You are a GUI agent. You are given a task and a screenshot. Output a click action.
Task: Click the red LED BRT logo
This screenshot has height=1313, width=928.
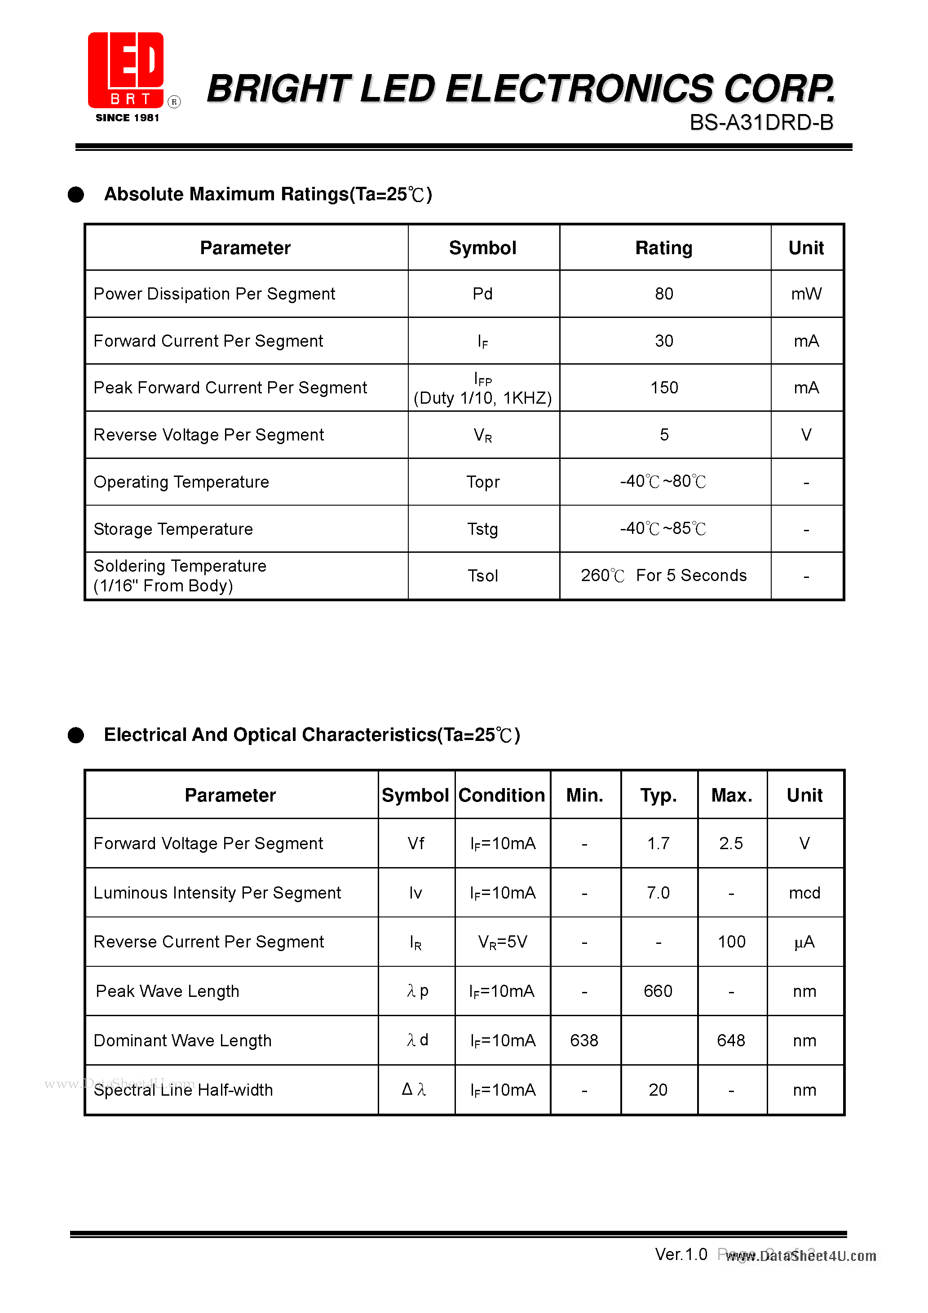(x=126, y=70)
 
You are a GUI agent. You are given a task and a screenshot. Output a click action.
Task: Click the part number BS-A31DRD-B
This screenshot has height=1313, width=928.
(x=761, y=123)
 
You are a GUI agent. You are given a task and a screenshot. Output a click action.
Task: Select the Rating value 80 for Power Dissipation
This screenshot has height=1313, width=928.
(x=664, y=294)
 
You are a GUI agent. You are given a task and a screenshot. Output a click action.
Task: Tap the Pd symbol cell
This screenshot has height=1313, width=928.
(x=482, y=294)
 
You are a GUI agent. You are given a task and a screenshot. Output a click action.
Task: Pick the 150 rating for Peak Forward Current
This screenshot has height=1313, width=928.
(x=664, y=388)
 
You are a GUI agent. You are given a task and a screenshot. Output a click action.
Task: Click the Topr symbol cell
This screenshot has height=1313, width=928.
(x=482, y=482)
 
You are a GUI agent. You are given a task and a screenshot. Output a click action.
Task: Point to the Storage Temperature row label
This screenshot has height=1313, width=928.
(x=173, y=529)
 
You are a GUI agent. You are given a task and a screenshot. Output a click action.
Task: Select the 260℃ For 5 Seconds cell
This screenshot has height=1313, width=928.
(x=664, y=575)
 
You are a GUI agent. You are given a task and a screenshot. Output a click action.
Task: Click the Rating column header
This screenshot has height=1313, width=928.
(x=664, y=247)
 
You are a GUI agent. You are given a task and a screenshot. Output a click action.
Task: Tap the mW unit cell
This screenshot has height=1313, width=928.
(x=806, y=294)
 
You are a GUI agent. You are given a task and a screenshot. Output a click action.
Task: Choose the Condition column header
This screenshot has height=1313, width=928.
(x=502, y=795)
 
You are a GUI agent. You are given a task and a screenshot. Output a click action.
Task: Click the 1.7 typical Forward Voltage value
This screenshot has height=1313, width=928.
(x=658, y=843)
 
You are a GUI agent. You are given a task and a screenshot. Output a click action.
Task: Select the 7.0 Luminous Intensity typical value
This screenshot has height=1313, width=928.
(x=658, y=893)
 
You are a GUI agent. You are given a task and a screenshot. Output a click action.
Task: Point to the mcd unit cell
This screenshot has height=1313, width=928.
(x=804, y=893)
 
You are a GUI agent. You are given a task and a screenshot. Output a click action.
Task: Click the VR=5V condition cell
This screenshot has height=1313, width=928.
(x=502, y=942)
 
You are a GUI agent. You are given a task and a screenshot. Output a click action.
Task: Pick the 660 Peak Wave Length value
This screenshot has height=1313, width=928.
(x=658, y=991)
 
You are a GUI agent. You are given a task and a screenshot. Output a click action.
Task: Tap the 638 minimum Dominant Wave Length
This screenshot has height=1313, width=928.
(x=584, y=1040)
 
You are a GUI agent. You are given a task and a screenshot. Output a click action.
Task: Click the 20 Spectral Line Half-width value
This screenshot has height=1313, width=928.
(x=658, y=1089)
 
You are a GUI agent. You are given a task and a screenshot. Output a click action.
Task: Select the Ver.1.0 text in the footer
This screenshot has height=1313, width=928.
(x=681, y=1254)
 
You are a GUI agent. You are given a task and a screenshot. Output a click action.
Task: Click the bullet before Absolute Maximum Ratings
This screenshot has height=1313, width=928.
(x=76, y=194)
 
